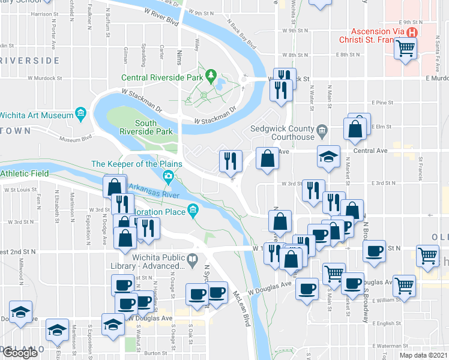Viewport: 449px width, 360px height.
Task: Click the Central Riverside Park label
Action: point(162,77)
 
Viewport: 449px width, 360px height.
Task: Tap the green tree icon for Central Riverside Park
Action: point(211,76)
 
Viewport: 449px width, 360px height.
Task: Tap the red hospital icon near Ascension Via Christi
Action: point(412,33)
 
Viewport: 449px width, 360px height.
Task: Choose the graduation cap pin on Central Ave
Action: point(328,157)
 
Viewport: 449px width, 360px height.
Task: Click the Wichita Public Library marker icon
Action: point(192,260)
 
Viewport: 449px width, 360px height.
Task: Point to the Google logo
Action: point(20,353)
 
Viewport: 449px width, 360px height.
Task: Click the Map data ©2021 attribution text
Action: point(424,355)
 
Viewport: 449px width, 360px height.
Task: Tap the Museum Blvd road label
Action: point(76,139)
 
